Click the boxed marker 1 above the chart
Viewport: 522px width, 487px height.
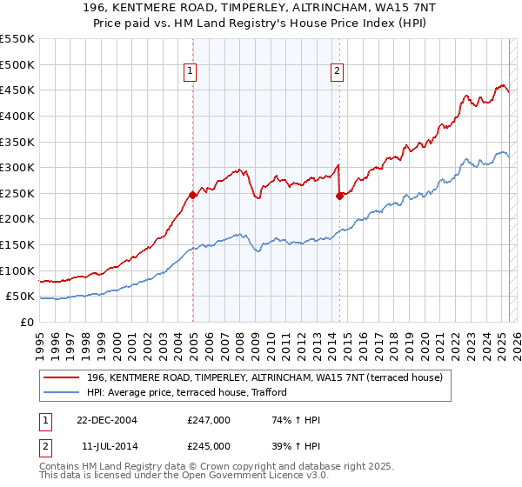pyautogui.click(x=190, y=72)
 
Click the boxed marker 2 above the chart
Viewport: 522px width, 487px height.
pyautogui.click(x=337, y=72)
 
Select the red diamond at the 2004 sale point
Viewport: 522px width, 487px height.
pyautogui.click(x=192, y=195)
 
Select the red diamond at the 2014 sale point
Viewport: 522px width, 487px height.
pyautogui.click(x=339, y=196)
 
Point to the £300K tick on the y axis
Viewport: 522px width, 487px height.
pyautogui.click(x=17, y=167)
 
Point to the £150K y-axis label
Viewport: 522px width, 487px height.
pyautogui.click(x=17, y=244)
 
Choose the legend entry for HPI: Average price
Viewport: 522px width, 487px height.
pyautogui.click(x=187, y=392)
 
